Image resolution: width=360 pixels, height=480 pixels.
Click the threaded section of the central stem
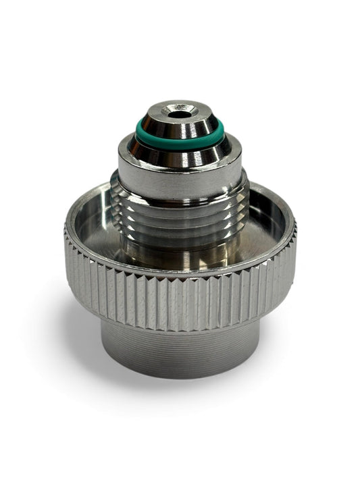pyautogui.click(x=180, y=216)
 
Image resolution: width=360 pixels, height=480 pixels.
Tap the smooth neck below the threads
pyautogui.click(x=180, y=253)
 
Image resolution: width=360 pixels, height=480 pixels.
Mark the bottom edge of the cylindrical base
pyautogui.click(x=180, y=377)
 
